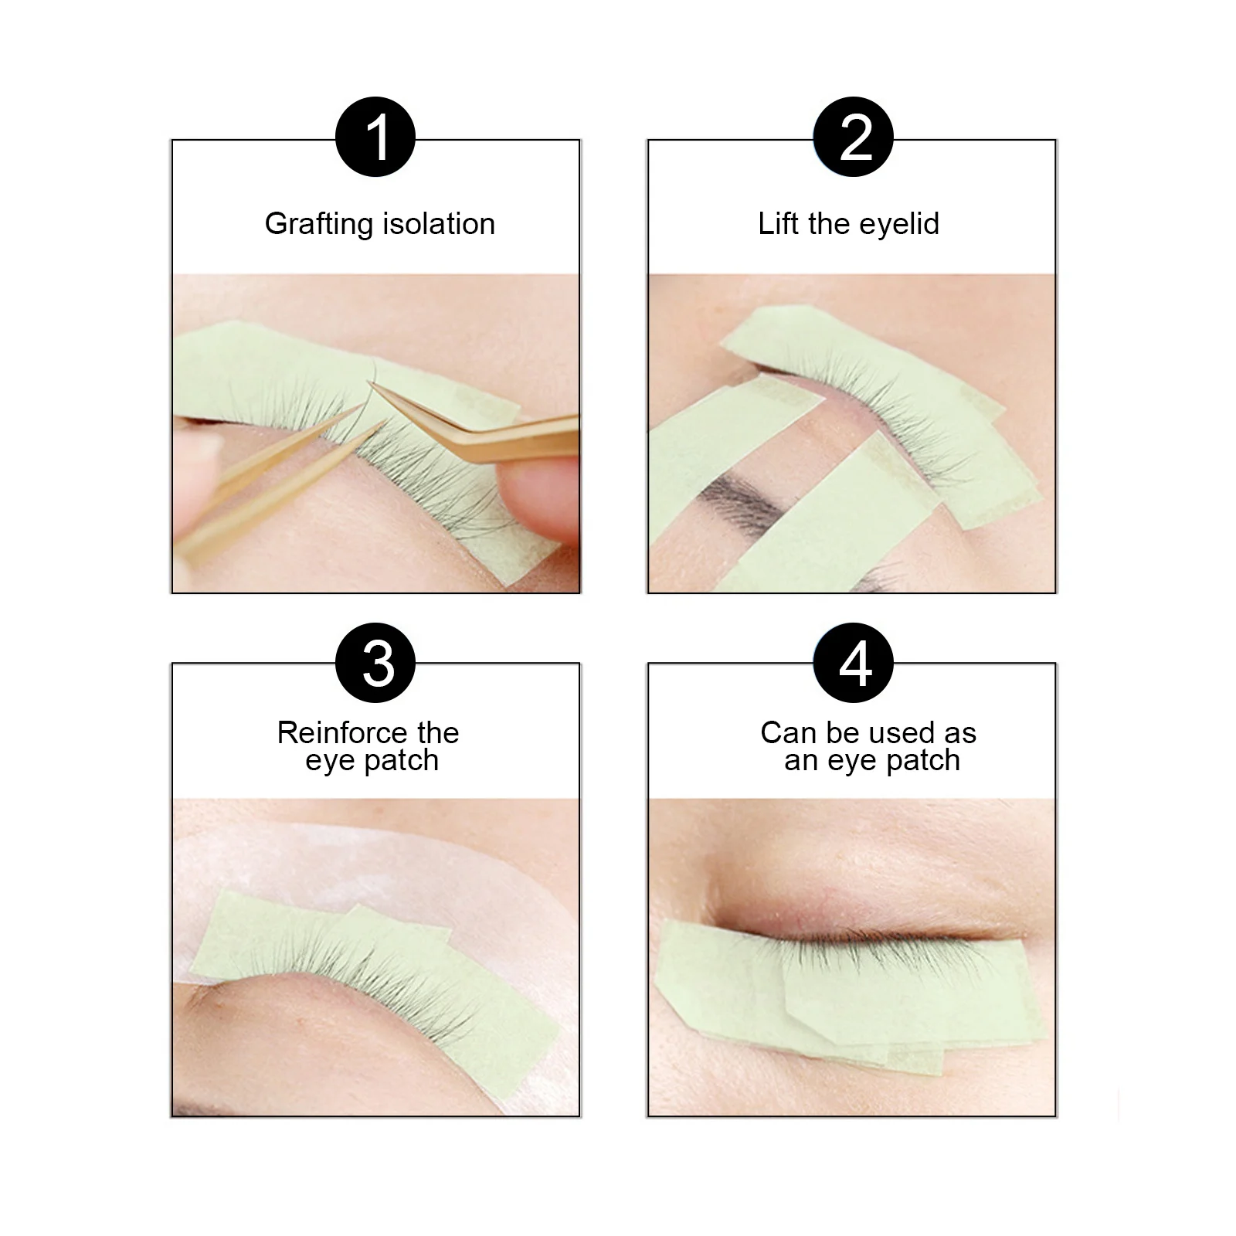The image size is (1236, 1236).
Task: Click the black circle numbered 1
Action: tap(375, 138)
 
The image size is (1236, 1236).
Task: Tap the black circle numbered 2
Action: tap(854, 138)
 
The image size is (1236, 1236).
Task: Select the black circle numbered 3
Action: tap(375, 663)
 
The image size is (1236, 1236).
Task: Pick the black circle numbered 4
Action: tap(854, 663)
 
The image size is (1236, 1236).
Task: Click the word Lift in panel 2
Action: tap(778, 223)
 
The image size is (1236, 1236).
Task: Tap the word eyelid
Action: tap(899, 225)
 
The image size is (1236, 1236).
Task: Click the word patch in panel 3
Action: tap(402, 762)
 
